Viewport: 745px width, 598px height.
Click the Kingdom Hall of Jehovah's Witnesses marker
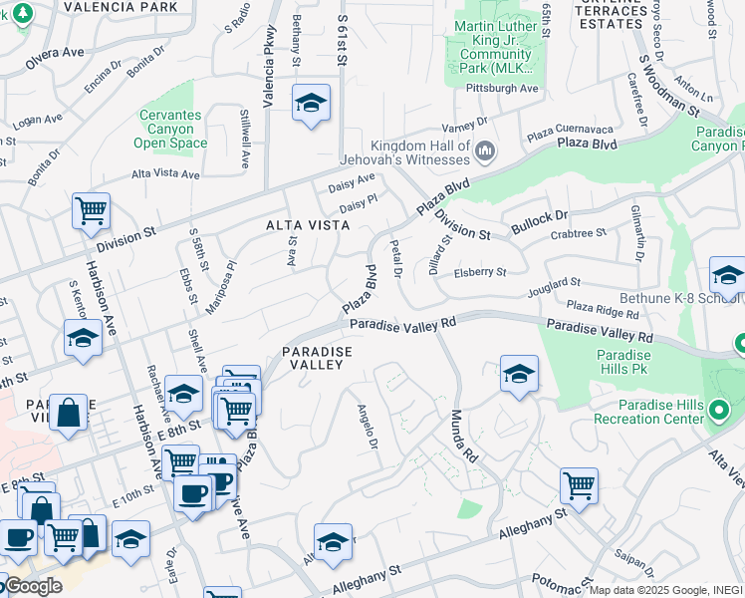(x=486, y=151)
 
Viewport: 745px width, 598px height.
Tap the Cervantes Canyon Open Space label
(x=170, y=129)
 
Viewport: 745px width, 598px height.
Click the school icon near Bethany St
(x=311, y=103)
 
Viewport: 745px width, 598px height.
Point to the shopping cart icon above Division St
(x=91, y=211)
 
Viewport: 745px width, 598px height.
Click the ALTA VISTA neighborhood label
(x=308, y=225)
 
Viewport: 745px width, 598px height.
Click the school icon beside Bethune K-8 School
(x=727, y=275)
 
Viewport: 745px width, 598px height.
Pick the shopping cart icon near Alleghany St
(x=579, y=486)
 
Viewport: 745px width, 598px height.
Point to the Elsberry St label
(x=480, y=272)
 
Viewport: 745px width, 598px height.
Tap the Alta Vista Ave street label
(x=166, y=174)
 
